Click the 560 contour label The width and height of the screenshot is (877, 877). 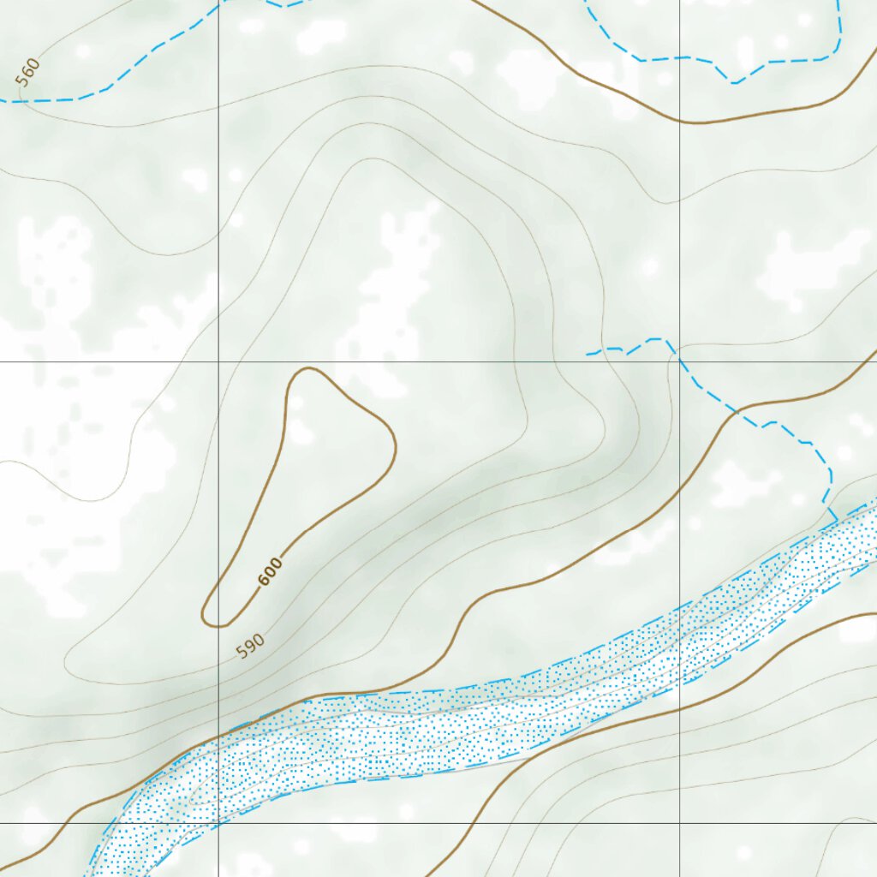pyautogui.click(x=28, y=73)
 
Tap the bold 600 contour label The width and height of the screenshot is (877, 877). pyautogui.click(x=270, y=571)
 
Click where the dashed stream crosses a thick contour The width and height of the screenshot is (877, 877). pyautogui.click(x=735, y=412)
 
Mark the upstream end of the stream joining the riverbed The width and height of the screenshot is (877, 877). pyautogui.click(x=588, y=353)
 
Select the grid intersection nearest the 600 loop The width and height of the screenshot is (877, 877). pyautogui.click(x=218, y=361)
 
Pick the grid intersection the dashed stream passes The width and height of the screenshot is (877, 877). pyautogui.click(x=680, y=361)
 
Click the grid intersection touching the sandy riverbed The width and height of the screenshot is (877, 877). pyautogui.click(x=218, y=823)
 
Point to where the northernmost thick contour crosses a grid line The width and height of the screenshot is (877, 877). pyautogui.click(x=680, y=122)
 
